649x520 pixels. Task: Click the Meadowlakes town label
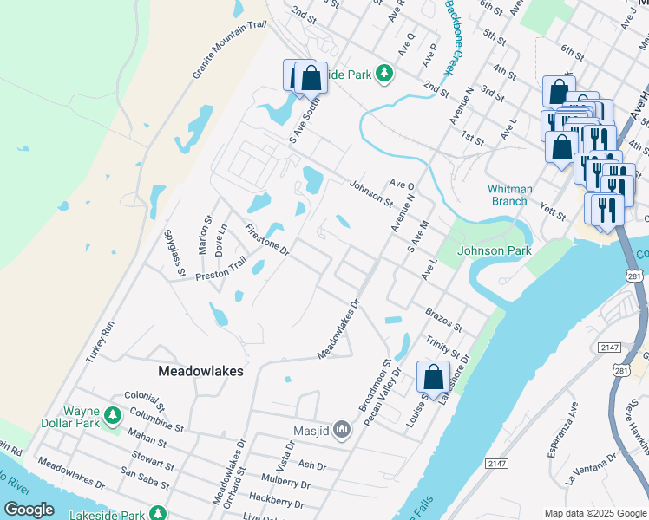point(200,370)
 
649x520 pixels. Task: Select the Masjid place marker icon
point(342,429)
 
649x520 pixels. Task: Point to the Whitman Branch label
point(508,195)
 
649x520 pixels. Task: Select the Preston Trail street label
point(222,270)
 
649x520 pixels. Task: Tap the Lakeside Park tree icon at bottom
point(157,514)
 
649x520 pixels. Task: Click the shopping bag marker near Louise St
point(433,377)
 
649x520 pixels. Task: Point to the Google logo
point(29,510)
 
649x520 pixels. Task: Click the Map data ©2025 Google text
point(594,513)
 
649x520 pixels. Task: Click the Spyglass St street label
point(174,253)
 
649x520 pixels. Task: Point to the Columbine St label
point(154,422)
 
